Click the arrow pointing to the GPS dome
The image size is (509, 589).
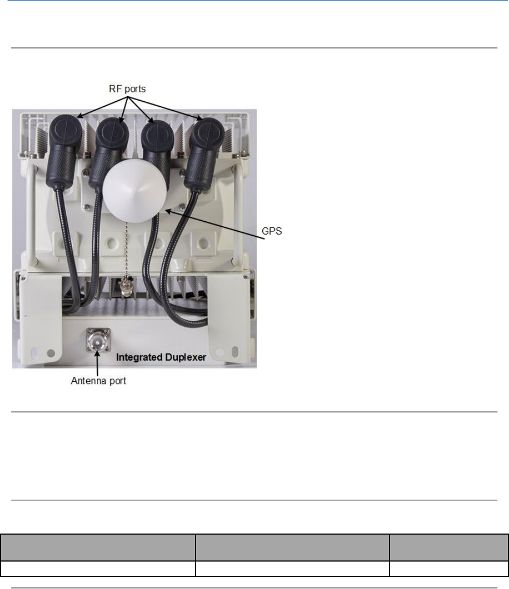coord(215,222)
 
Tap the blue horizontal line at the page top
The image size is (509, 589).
coord(254,1)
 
